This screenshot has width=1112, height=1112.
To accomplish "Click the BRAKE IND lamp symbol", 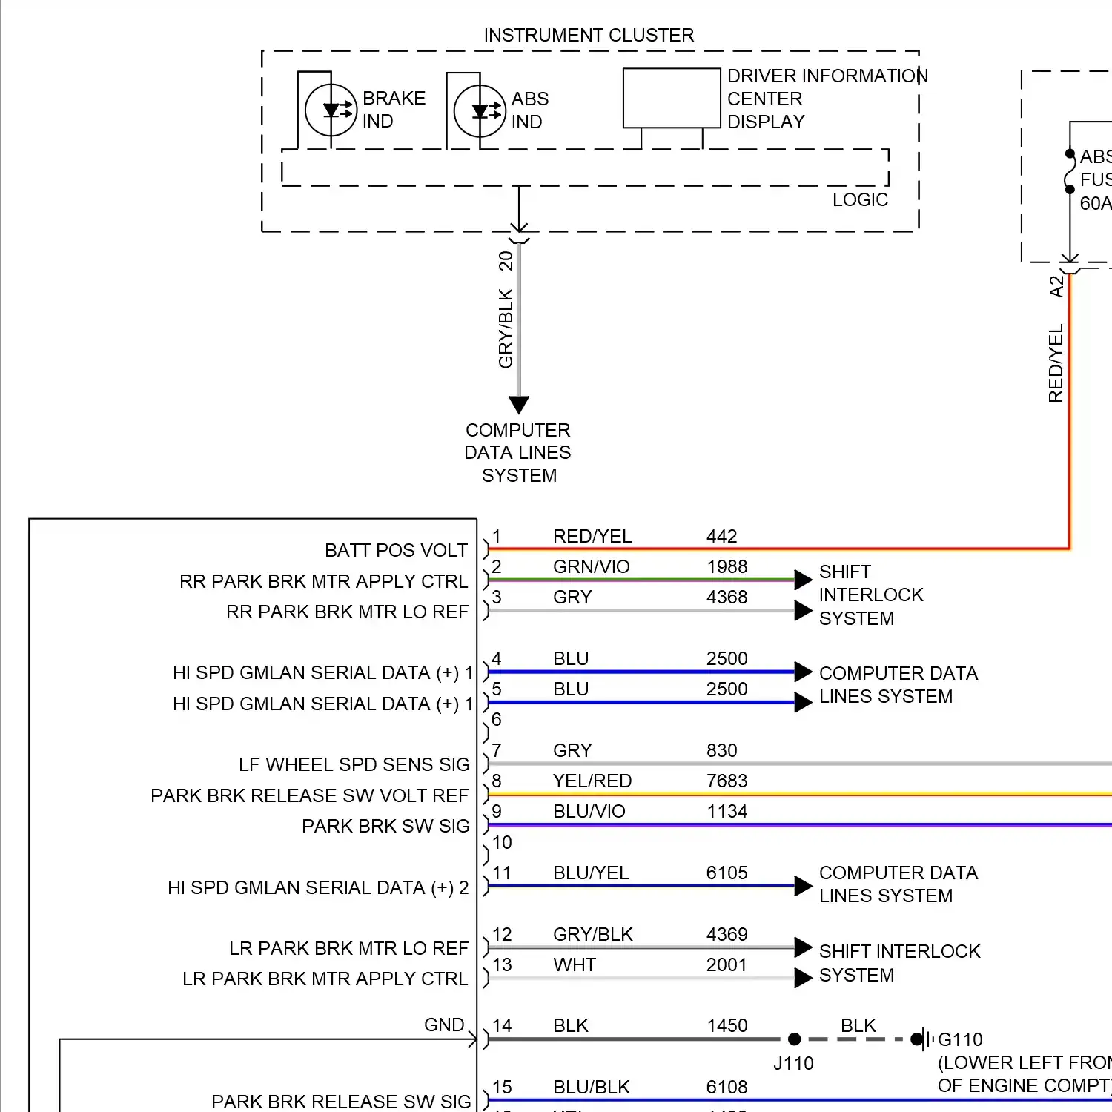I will [331, 110].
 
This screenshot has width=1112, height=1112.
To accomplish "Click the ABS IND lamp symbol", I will [480, 111].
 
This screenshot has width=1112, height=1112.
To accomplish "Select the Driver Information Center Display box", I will [672, 99].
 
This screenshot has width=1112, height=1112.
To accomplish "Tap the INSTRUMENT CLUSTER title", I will [589, 36].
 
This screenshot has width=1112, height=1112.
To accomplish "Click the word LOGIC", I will [860, 200].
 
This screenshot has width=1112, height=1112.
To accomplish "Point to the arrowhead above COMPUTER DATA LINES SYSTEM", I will [519, 404].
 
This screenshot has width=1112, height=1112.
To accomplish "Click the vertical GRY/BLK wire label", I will [506, 328].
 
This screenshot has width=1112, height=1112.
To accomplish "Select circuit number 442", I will [721, 537].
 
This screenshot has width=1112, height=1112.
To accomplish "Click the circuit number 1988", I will [727, 567].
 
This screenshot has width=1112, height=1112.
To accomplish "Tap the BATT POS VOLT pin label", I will [396, 551].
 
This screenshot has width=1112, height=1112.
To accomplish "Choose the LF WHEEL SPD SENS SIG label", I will [354, 765].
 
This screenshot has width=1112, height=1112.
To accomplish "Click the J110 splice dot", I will [794, 1039].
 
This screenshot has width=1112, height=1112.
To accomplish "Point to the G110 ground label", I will [960, 1040].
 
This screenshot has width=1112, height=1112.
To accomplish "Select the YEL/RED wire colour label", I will [592, 781].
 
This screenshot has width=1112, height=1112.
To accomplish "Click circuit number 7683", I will [727, 781].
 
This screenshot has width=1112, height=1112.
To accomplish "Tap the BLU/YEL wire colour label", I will [590, 873].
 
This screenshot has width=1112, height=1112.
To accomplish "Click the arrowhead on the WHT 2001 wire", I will [803, 978].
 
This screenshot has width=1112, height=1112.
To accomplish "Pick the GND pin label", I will [443, 1025].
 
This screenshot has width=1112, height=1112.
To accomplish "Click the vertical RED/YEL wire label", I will [1056, 363].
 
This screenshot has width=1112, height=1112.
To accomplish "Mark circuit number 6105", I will [727, 873].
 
